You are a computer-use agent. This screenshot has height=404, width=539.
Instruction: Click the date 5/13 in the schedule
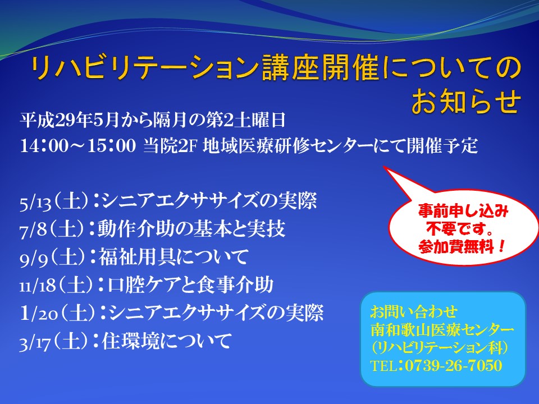tap(36, 202)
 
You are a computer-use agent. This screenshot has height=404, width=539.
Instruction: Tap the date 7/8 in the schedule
tap(33, 230)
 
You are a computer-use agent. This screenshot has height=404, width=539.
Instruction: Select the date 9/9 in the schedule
tap(34, 258)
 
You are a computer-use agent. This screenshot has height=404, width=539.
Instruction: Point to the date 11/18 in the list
tap(38, 286)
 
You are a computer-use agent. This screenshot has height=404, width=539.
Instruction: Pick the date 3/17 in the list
tap(35, 342)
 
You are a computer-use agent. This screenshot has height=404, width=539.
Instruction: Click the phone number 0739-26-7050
tap(454, 365)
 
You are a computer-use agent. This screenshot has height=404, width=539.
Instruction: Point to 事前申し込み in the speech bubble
tap(463, 211)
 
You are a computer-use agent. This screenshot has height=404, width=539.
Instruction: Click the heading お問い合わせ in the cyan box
tap(414, 312)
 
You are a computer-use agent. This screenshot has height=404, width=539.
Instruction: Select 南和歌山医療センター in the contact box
tap(442, 330)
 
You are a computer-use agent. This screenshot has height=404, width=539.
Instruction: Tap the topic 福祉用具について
tap(173, 258)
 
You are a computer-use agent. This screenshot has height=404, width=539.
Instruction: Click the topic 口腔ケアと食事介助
tap(191, 286)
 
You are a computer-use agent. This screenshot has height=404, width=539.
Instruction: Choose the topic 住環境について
tap(167, 342)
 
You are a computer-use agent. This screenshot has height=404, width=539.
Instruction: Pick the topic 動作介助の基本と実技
tap(191, 229)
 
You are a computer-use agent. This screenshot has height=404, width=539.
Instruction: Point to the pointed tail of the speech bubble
tap(384, 167)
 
